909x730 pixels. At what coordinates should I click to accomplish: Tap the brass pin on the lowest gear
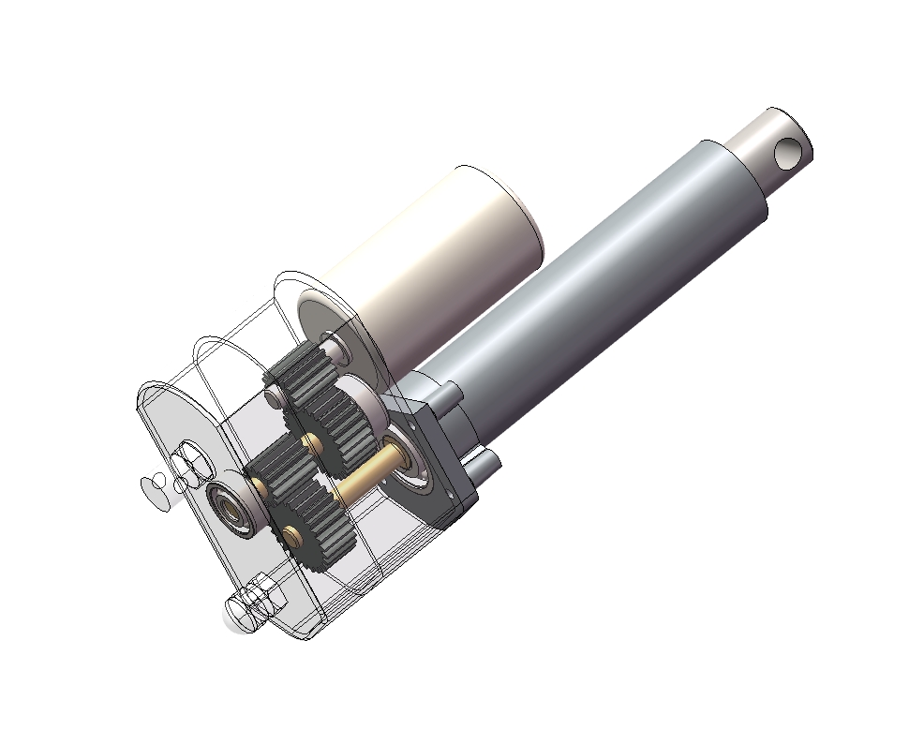[293, 535]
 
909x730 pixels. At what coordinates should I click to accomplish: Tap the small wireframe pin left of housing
[152, 486]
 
